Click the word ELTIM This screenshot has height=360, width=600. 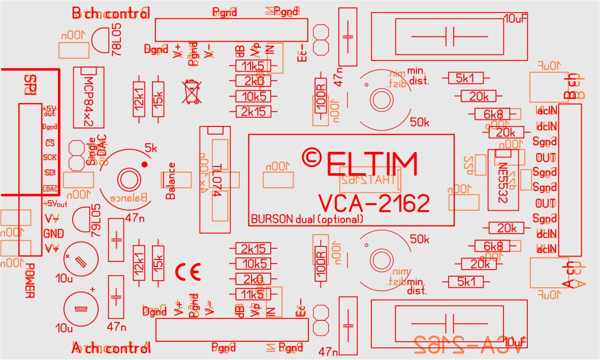tap(372, 164)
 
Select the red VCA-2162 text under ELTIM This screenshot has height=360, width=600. tap(374, 203)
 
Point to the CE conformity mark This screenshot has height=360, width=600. tap(188, 272)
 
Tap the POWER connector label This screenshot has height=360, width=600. tap(29, 281)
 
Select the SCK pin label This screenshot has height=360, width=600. tap(50, 157)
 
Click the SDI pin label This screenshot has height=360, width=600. tap(50, 173)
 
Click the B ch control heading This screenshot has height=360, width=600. tap(111, 14)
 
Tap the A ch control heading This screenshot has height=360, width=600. tap(111, 348)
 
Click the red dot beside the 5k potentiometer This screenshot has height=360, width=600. tap(144, 164)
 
